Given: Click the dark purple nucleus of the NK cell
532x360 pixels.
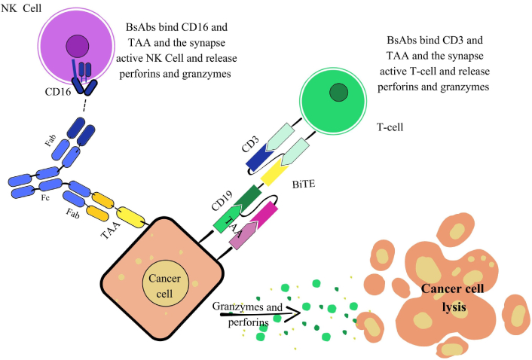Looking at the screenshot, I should [77, 47].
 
